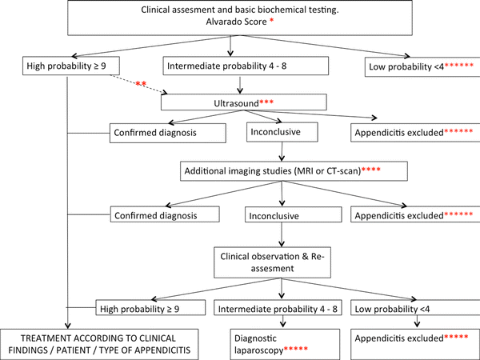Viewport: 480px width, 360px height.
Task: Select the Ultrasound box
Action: [x=244, y=103]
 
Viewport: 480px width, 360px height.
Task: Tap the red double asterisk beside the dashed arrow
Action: [x=142, y=84]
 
